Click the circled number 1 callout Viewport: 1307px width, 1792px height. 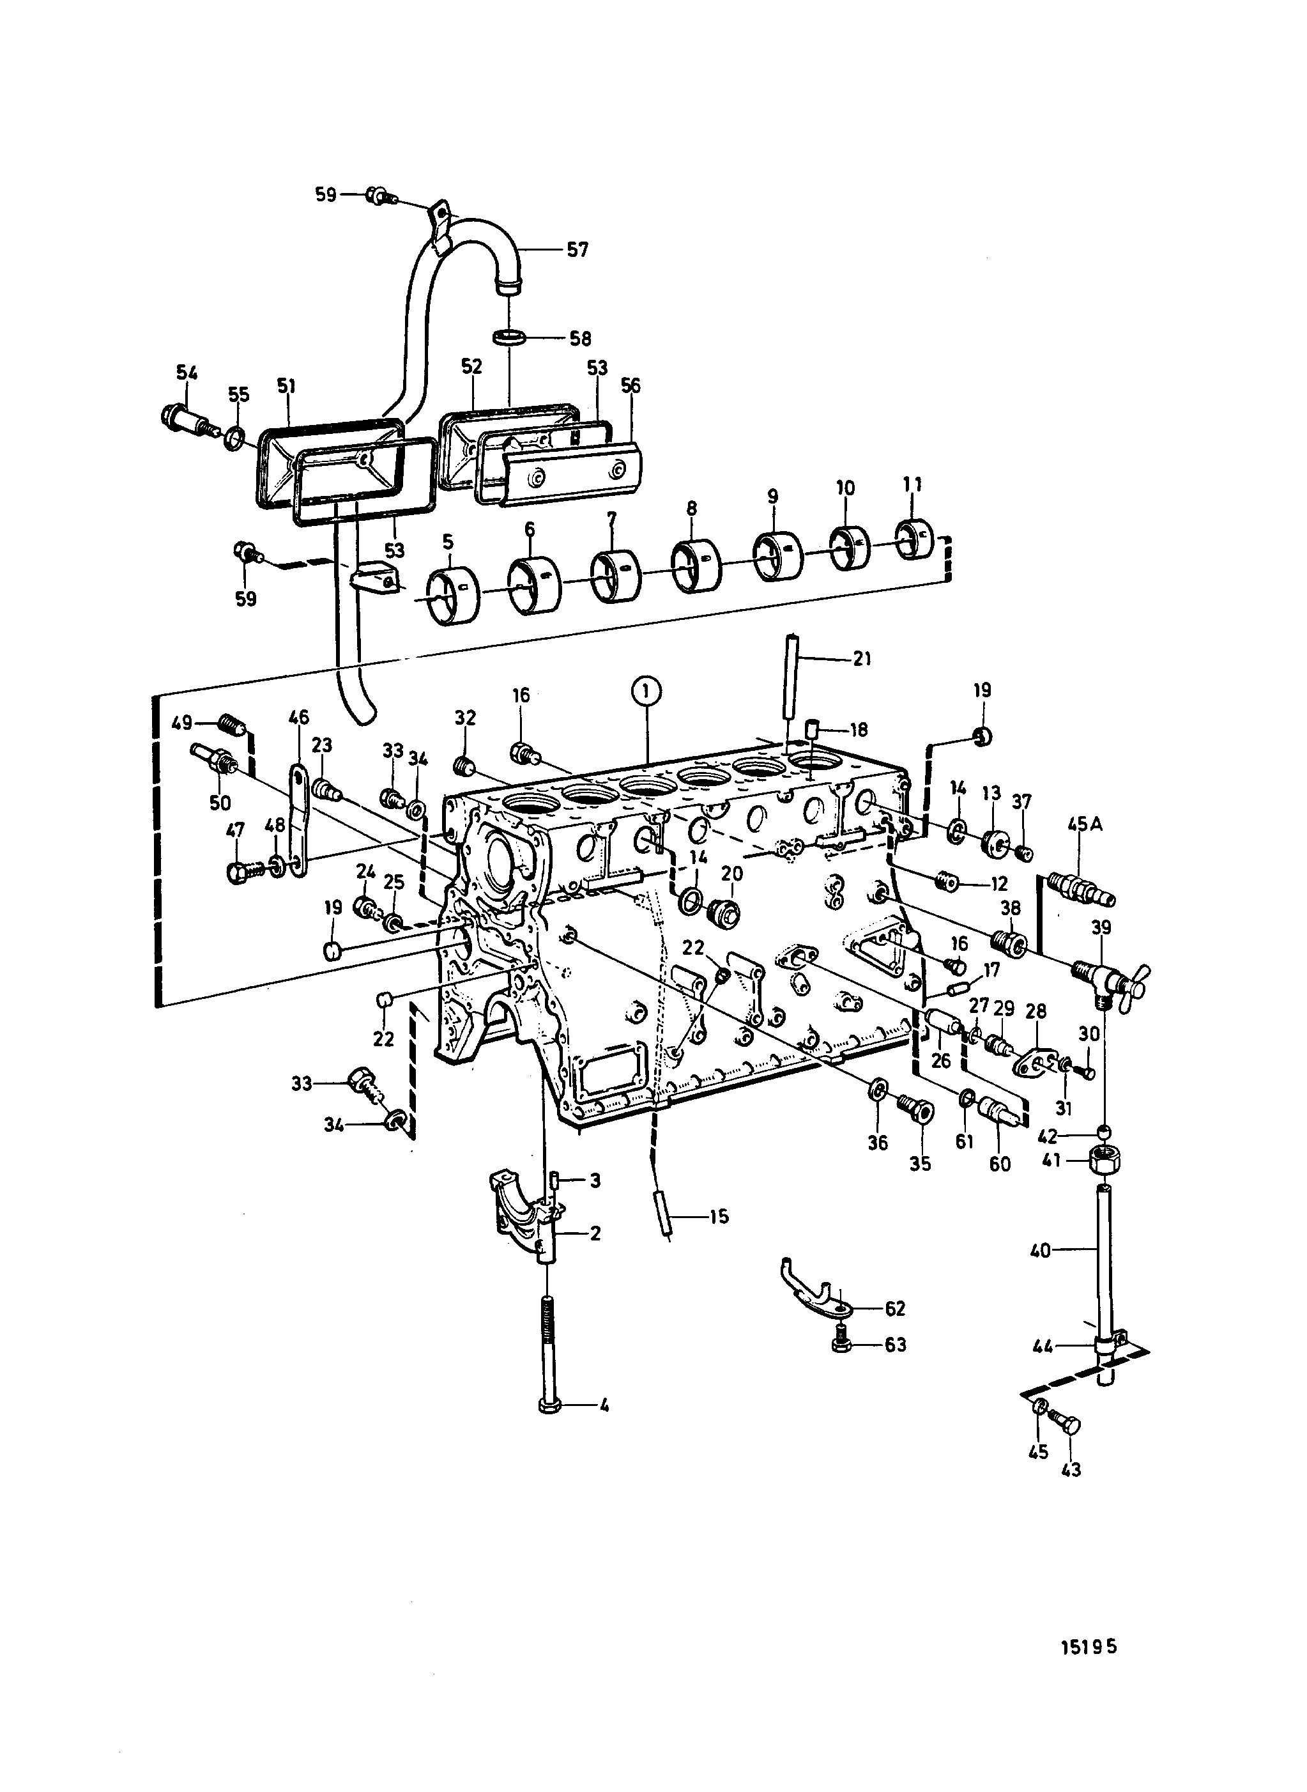[646, 691]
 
